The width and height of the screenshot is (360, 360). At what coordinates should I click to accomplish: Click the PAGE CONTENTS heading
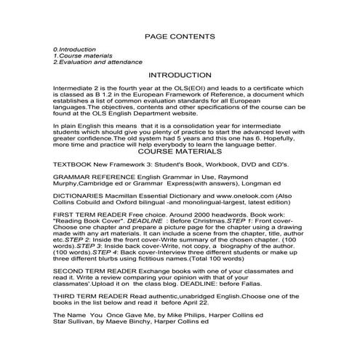pos(179,36)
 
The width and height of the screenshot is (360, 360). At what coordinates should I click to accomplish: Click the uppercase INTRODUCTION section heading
pos(179,76)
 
